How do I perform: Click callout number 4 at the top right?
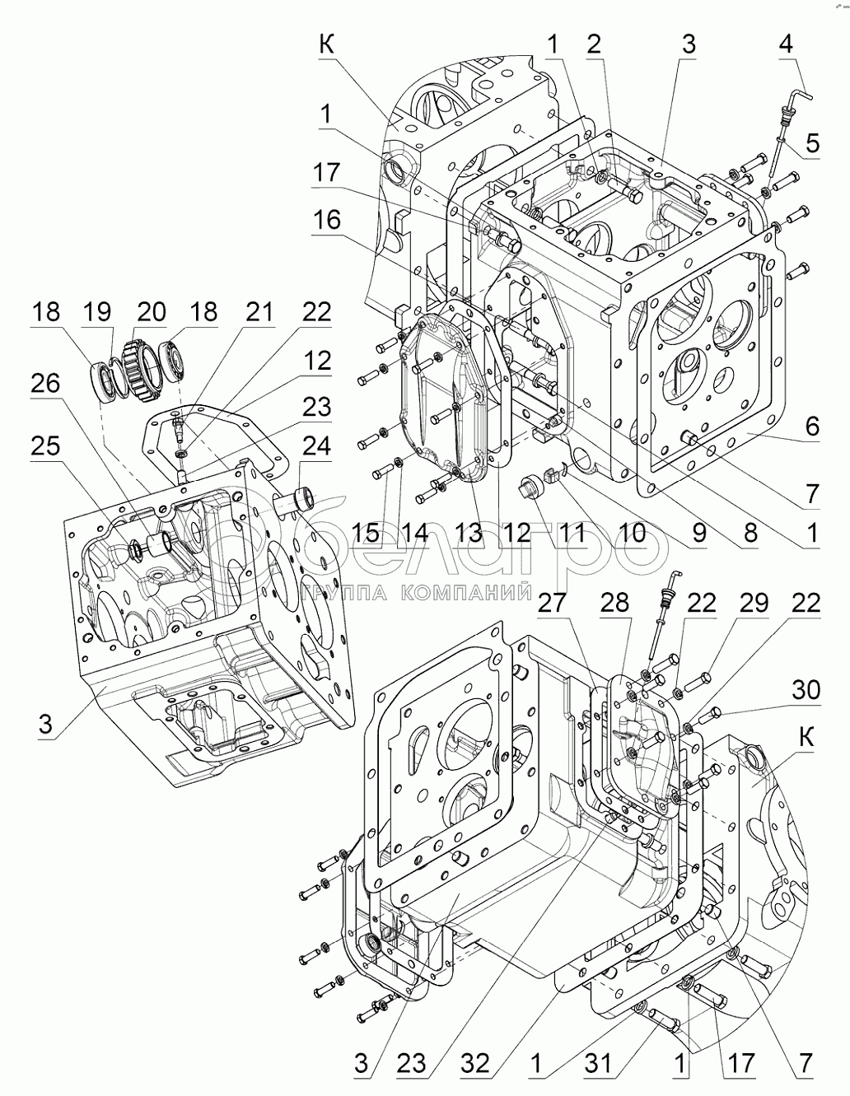coord(786,44)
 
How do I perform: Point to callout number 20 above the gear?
coord(151,311)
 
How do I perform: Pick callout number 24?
coord(316,447)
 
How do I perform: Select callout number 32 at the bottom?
coord(475,1064)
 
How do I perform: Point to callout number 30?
coord(807,689)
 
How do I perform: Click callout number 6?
coord(811,426)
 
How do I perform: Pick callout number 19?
coord(96,311)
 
